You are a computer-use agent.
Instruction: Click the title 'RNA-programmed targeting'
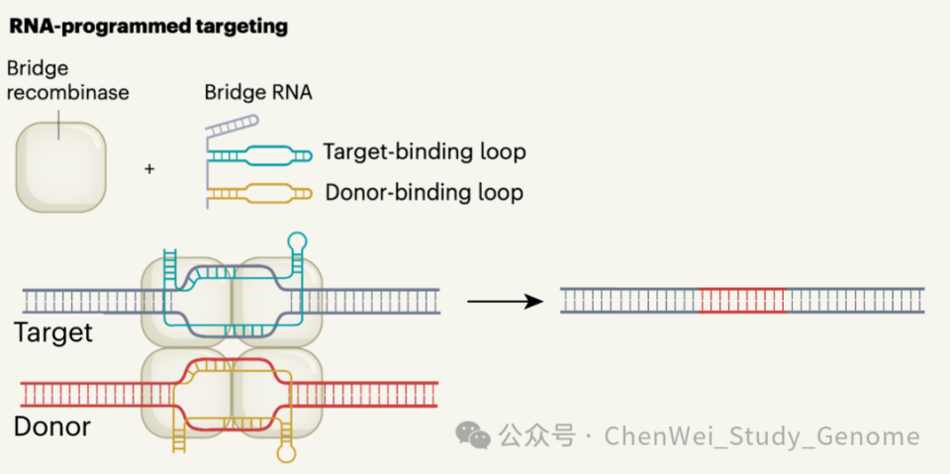click(148, 27)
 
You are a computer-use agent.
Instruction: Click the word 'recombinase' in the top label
click(67, 94)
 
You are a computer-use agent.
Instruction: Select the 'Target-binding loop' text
click(424, 152)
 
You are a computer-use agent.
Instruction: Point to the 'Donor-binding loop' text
click(424, 192)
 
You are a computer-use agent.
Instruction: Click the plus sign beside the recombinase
click(149, 169)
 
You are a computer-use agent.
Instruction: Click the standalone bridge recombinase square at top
click(60, 166)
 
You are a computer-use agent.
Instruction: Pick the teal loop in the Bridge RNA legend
click(259, 153)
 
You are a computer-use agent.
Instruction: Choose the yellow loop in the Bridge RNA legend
click(259, 192)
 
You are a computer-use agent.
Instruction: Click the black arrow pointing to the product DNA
click(505, 301)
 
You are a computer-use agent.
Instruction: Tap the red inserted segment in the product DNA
click(742, 300)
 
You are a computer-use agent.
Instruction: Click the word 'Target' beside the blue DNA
click(53, 332)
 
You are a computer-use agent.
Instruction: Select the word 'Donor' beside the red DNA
click(52, 427)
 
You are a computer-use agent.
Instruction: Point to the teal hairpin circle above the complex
click(296, 238)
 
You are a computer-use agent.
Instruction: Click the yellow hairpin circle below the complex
click(288, 455)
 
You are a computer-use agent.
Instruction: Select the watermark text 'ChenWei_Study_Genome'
click(762, 436)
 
